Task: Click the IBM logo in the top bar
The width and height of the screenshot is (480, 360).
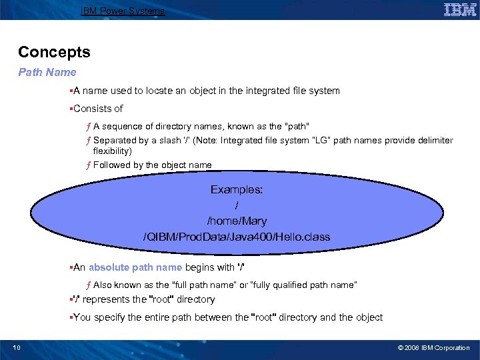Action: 460,10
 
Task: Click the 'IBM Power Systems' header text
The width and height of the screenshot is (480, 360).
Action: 122,11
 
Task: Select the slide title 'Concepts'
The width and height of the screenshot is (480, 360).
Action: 54,52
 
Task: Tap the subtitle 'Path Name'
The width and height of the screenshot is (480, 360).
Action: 47,72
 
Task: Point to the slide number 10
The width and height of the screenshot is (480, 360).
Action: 17,348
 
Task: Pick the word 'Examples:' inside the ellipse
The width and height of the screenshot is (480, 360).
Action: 237,190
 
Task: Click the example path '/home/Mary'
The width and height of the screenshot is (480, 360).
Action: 237,221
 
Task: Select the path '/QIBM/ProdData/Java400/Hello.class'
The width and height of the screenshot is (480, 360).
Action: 237,237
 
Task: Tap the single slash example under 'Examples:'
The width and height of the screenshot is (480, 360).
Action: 237,205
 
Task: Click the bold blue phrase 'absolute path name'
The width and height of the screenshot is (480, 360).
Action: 135,267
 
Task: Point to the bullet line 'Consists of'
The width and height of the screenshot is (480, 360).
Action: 98,108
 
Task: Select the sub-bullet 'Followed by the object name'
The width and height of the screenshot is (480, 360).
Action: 152,165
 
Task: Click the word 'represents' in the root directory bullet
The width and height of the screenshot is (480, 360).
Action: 105,299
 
